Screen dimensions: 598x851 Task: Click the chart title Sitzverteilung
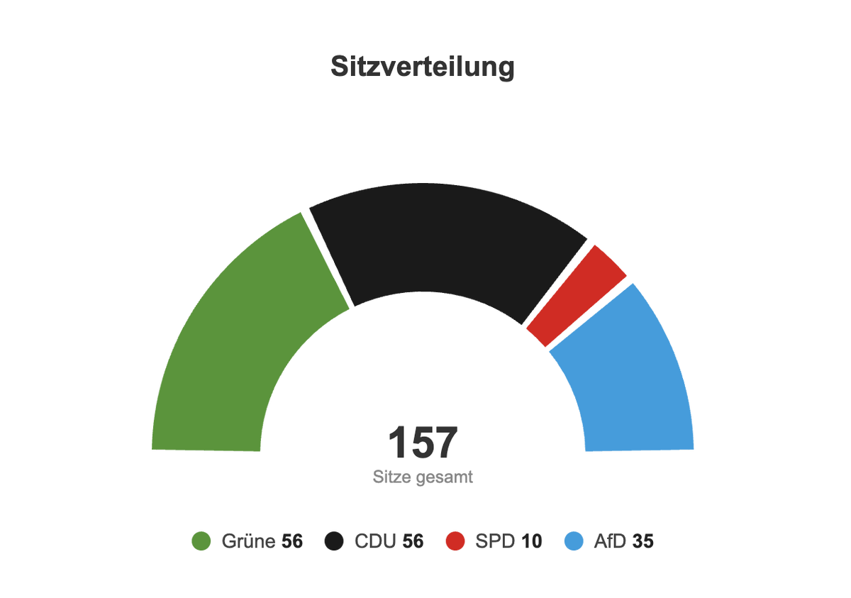click(423, 67)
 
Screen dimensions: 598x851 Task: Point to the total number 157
click(423, 443)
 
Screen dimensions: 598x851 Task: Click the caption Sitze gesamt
click(423, 477)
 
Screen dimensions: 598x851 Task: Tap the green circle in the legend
click(201, 542)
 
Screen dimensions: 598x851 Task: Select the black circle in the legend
click(334, 542)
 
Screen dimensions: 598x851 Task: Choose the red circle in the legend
click(455, 542)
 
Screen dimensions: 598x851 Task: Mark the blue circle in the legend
click(573, 542)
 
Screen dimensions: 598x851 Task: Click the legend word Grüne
click(248, 542)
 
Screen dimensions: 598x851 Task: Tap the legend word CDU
click(376, 542)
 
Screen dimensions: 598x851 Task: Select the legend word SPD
click(495, 542)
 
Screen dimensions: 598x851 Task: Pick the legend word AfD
click(610, 542)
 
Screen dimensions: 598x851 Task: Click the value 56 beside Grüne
click(292, 542)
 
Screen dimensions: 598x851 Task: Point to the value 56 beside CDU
click(413, 542)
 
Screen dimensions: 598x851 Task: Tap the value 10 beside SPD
click(531, 542)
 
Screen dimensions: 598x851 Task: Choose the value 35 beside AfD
click(643, 542)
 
